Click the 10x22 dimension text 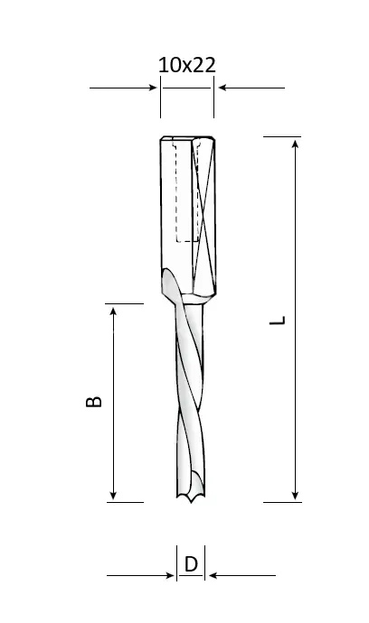tap(187, 65)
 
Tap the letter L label tap(278, 321)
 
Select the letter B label tap(94, 402)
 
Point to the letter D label tap(191, 564)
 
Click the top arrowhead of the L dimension tap(295, 143)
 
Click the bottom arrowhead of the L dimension tap(295, 496)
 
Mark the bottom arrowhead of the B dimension tap(113, 495)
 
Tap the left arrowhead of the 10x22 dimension tap(153, 88)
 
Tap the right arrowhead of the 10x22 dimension tap(222, 88)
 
